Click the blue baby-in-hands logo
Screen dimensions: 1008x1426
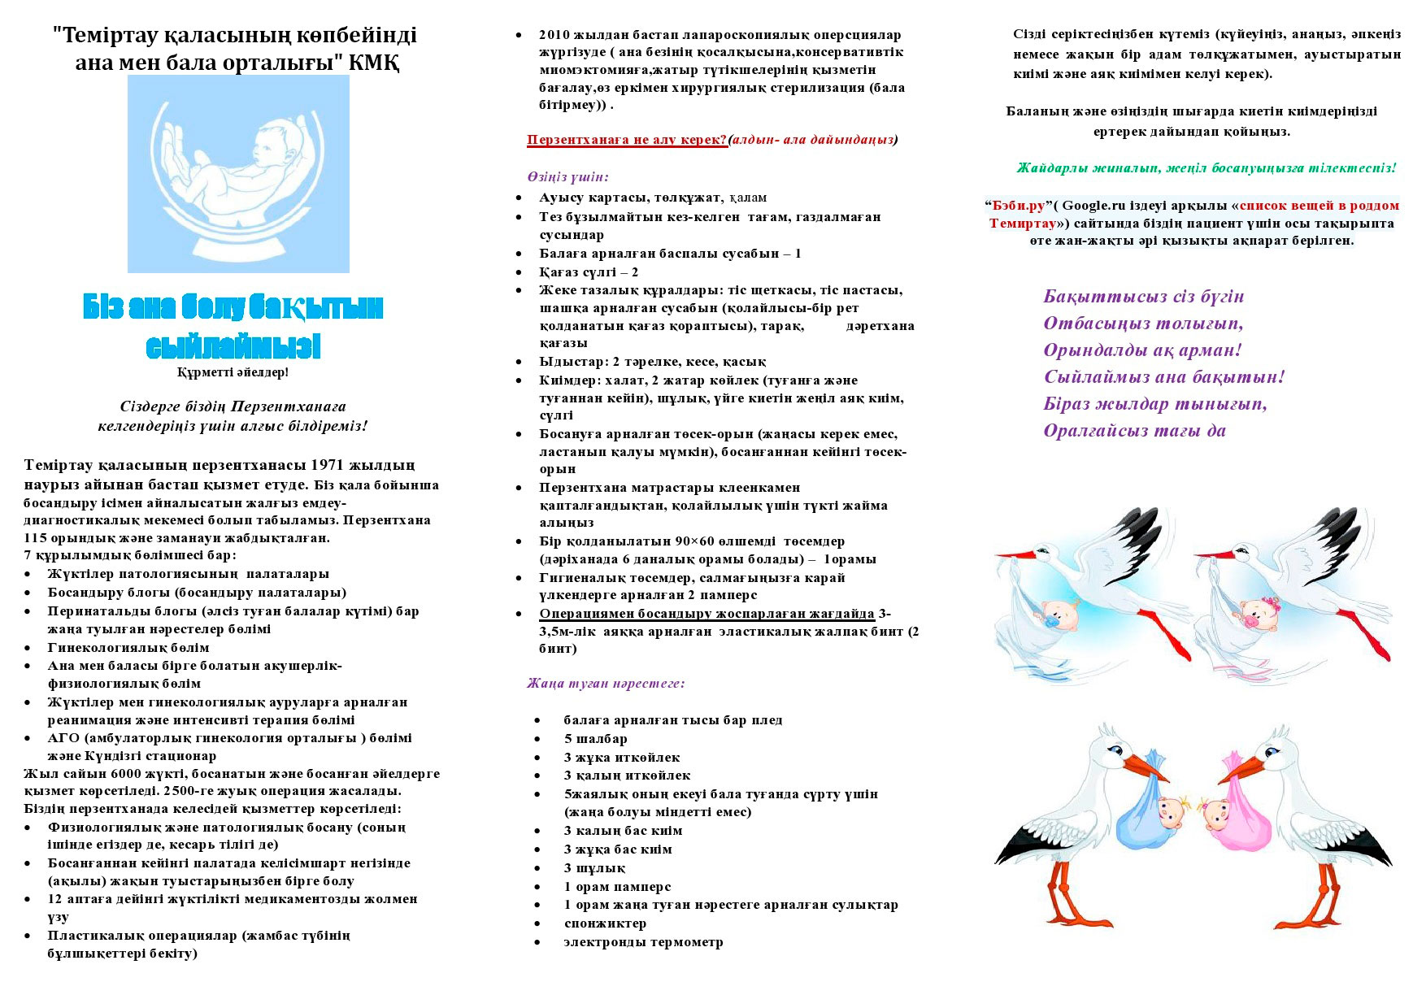[x=238, y=173]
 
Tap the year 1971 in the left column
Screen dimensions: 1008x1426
[x=329, y=466]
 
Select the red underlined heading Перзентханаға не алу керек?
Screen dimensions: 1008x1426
[x=627, y=140]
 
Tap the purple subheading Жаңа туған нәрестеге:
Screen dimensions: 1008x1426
[x=606, y=684]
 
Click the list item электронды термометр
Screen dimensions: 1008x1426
[x=643, y=943]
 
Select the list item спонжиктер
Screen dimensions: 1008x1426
[x=605, y=924]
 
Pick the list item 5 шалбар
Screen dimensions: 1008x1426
[x=595, y=739]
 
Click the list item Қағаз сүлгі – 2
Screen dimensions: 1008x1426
[x=589, y=272]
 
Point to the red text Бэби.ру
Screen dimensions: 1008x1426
[x=1017, y=205]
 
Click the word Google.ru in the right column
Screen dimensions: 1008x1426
[x=1098, y=205]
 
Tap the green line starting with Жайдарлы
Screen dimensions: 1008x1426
[x=1206, y=168]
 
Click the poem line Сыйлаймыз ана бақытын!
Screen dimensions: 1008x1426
[x=1164, y=377]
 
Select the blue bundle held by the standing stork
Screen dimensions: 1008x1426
[x=1152, y=817]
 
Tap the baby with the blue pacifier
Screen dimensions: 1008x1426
[x=1059, y=615]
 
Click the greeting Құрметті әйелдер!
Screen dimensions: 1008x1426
[x=233, y=372]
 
